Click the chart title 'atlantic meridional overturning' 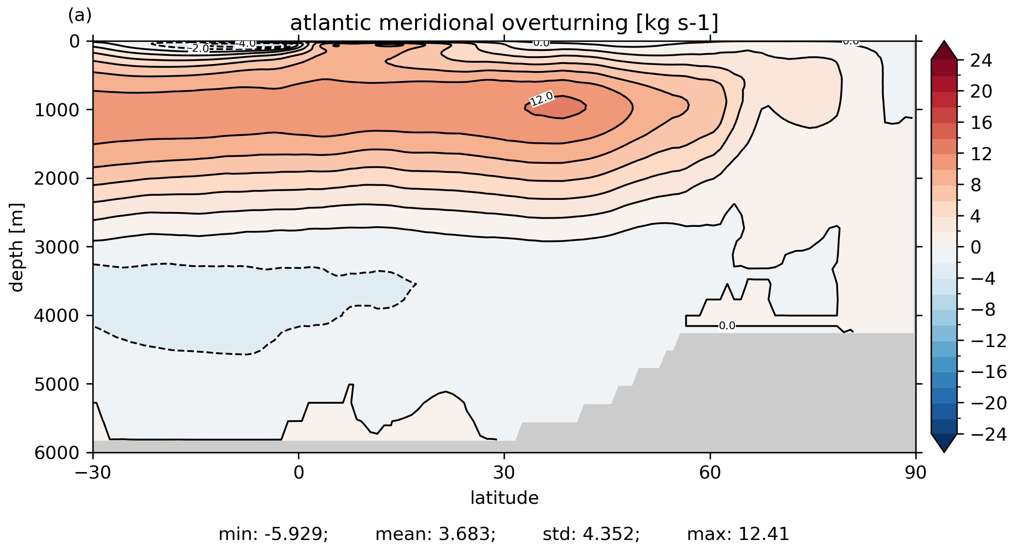tap(504, 23)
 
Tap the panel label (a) tap(80, 16)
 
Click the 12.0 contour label tap(542, 99)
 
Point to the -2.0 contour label tap(199, 48)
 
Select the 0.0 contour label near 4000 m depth tap(727, 326)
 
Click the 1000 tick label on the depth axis tap(58, 111)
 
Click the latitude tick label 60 tap(710, 473)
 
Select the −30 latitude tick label tap(93, 473)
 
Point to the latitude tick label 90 tap(915, 473)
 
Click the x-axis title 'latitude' tap(504, 498)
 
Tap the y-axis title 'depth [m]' tap(17, 247)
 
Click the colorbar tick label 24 tap(981, 61)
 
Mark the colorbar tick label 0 tap(976, 248)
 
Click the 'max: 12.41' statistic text tap(738, 534)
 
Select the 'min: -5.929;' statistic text tap(273, 534)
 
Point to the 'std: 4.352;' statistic tap(591, 534)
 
